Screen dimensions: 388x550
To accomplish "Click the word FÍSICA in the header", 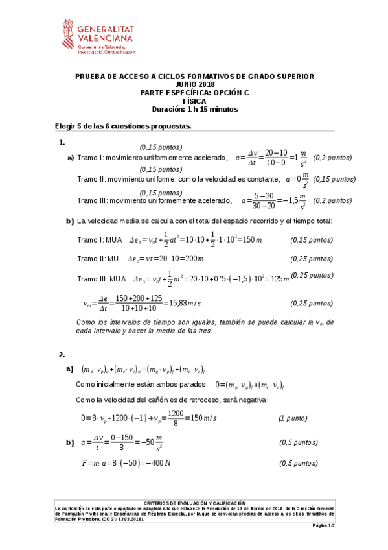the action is click(x=194, y=101).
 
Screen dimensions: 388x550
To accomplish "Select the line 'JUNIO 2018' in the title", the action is click(x=194, y=85).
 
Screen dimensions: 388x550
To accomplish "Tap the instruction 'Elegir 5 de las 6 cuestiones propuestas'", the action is click(x=123, y=126).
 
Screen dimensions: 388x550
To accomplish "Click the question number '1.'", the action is click(x=62, y=142).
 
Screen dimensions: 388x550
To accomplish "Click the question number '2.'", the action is click(x=62, y=355).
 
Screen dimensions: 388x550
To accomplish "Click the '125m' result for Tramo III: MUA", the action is click(x=276, y=279).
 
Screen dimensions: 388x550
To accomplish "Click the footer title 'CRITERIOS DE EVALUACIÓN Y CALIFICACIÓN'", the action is click(x=194, y=502).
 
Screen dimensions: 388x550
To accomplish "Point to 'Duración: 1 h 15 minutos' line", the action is click(x=194, y=109).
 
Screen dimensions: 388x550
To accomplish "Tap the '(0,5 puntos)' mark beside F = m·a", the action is click(x=299, y=463).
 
